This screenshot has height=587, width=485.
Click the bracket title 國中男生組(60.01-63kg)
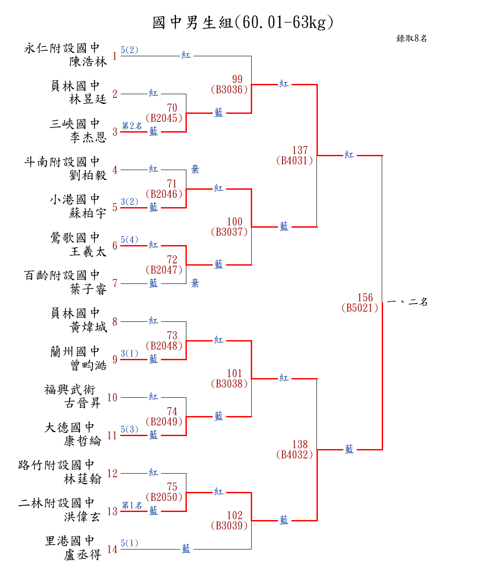point(243,22)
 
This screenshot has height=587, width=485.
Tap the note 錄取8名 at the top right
point(412,38)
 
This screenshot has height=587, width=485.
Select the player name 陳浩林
point(88,62)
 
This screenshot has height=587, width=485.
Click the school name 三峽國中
point(75,124)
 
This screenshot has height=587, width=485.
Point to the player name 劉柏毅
point(88,175)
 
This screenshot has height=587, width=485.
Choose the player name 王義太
point(88,251)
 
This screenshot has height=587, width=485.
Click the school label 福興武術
point(70,390)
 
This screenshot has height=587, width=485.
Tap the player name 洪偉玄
point(83,517)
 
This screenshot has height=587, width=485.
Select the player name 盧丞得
point(83,555)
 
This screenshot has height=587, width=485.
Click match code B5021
point(360,308)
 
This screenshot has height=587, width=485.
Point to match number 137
point(300,150)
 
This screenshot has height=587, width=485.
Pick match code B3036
point(229,89)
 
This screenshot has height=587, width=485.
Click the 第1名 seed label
point(132,505)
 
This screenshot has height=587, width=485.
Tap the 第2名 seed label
point(132,126)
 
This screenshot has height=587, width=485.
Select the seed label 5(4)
point(130,240)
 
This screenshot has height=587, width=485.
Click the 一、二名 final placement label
point(407,302)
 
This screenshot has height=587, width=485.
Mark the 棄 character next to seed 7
point(195,283)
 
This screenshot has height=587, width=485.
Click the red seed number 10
point(112,397)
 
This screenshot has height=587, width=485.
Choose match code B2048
point(164,346)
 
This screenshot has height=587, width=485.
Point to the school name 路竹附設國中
point(56,465)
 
